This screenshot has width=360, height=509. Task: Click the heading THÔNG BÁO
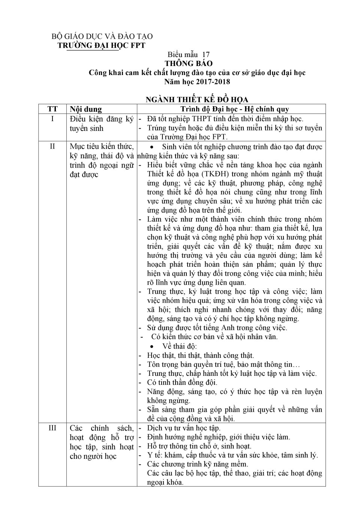tap(189, 63)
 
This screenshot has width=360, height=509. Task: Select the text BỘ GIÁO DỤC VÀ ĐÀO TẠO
tap(102, 36)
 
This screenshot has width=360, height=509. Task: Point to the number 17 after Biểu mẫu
tap(205, 54)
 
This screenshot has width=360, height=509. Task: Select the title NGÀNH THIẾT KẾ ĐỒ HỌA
tap(197, 99)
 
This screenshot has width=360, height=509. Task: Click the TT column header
tap(52, 109)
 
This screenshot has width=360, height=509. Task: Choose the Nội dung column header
tap(86, 109)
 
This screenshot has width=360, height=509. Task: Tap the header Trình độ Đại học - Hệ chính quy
tap(235, 109)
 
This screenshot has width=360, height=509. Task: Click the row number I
tap(52, 119)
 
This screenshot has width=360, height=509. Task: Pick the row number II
tap(52, 146)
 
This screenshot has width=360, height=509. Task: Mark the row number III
tap(52, 428)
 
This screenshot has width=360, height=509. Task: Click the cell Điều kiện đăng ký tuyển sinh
tap(102, 123)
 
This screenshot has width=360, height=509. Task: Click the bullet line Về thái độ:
tap(179, 346)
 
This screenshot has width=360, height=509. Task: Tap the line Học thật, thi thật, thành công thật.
tap(201, 355)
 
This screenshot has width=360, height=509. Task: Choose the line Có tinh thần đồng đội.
tap(182, 383)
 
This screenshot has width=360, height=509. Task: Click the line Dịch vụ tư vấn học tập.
tap(184, 428)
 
